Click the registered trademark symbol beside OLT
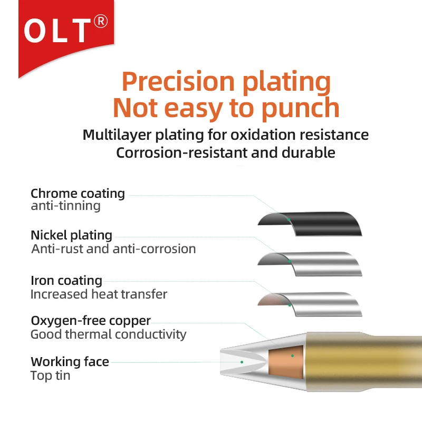pos(101,22)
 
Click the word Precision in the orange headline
pos(178,82)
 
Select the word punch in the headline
pos(300,108)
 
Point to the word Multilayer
pos(117,135)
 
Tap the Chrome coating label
pos(78,194)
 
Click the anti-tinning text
pos(65,206)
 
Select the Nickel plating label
pos(71,235)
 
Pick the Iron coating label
pos(66,281)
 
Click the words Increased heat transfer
pos(99,294)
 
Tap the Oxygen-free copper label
pos(91,321)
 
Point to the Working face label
pos(70,362)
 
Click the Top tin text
pos(50,376)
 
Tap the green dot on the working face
pos(242,362)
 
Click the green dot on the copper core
pos(292,356)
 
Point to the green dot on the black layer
pos(289,219)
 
